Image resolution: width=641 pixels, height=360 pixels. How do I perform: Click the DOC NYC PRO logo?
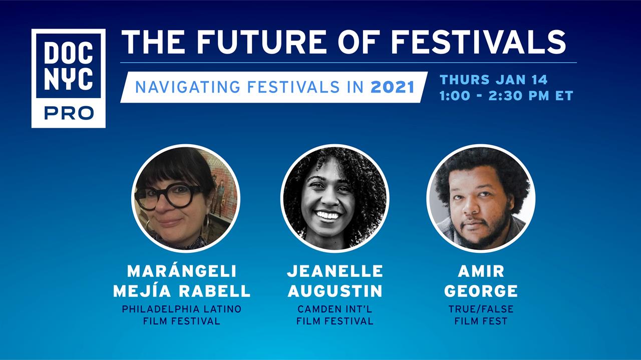(69, 78)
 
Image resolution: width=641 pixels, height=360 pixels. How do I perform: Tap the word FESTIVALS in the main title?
(478, 42)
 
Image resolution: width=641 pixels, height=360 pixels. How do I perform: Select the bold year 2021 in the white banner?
(392, 87)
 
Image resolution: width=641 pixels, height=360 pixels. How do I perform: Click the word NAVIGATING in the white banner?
(187, 87)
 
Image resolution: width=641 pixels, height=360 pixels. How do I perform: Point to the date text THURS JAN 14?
(494, 80)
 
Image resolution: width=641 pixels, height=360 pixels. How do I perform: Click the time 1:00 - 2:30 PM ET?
(506, 96)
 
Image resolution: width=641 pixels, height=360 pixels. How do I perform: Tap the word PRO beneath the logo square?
(69, 113)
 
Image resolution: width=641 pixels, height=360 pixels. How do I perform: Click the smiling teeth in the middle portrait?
(328, 215)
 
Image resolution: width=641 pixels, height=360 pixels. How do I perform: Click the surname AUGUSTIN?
(335, 291)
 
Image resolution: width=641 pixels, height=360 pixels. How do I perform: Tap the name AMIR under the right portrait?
(481, 271)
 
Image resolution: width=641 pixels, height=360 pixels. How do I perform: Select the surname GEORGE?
(481, 291)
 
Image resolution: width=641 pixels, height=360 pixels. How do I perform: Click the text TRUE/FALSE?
(481, 309)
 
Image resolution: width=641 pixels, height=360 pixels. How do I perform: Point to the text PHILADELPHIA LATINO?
(182, 309)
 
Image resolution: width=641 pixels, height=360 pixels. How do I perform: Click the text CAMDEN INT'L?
(335, 309)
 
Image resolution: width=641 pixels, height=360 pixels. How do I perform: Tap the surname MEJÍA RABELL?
(182, 290)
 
